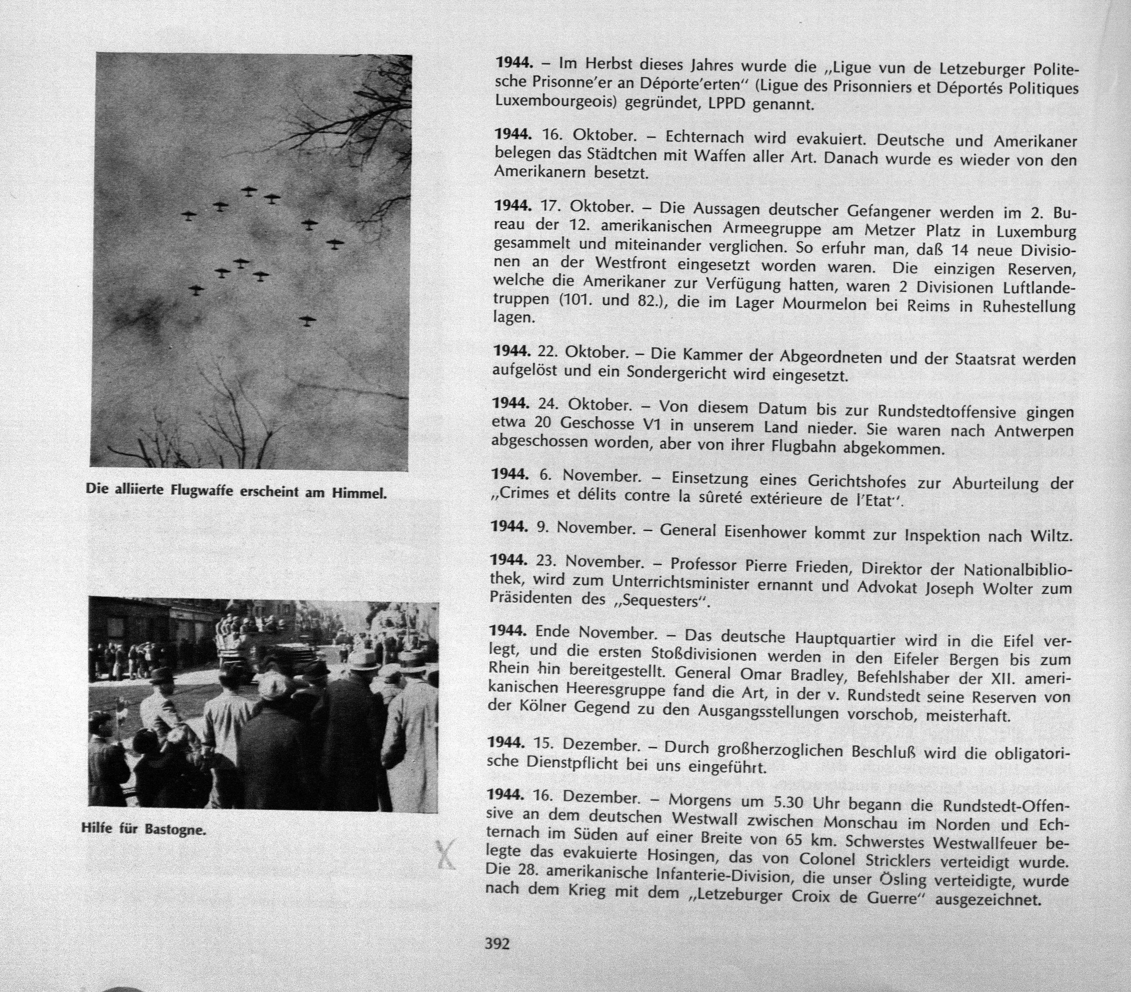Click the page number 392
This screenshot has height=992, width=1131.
click(x=496, y=943)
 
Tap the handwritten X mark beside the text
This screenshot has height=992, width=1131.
click(x=446, y=854)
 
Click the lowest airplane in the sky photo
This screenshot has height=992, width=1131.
click(x=307, y=320)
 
